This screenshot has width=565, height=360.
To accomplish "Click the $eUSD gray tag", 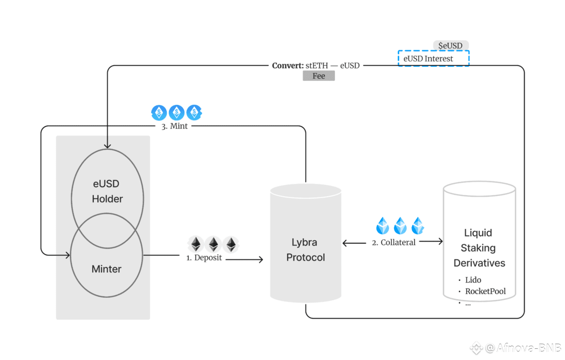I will click(451, 45).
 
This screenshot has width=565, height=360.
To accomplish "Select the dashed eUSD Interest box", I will click(434, 58).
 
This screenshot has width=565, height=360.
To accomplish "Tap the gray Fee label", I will click(319, 76).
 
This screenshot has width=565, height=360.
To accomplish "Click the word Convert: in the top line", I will click(288, 65).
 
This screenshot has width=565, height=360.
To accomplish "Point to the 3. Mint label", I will click(171, 126).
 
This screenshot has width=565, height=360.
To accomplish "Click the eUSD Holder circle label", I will click(107, 192).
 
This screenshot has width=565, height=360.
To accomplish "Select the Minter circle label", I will click(106, 269).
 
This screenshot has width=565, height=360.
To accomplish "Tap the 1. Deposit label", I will click(204, 258).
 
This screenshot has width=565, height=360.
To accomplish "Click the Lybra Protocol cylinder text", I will click(306, 250).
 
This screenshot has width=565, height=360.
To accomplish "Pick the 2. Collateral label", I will click(394, 242).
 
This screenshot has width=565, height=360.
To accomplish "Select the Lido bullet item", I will click(473, 280).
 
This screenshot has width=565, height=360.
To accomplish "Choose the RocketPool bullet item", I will click(485, 291).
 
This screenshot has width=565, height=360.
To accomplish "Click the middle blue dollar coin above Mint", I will click(177, 112).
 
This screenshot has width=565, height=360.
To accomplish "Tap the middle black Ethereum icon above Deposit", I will click(213, 244).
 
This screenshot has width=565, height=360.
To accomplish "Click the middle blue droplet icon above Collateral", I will click(400, 226).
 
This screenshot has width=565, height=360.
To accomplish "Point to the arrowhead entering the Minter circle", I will click(68, 255).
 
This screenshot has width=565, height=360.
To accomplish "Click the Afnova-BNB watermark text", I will click(523, 348).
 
